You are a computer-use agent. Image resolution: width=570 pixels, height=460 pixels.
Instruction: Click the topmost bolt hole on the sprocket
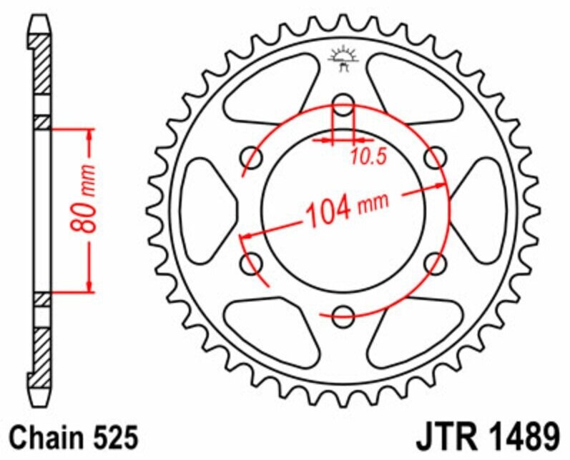[x=343, y=101]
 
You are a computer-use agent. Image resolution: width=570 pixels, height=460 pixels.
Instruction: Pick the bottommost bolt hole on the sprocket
[x=343, y=314]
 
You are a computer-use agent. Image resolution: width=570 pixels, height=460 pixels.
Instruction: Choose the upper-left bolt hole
[x=251, y=155]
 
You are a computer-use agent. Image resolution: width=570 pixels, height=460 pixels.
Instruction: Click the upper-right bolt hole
[x=434, y=155]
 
